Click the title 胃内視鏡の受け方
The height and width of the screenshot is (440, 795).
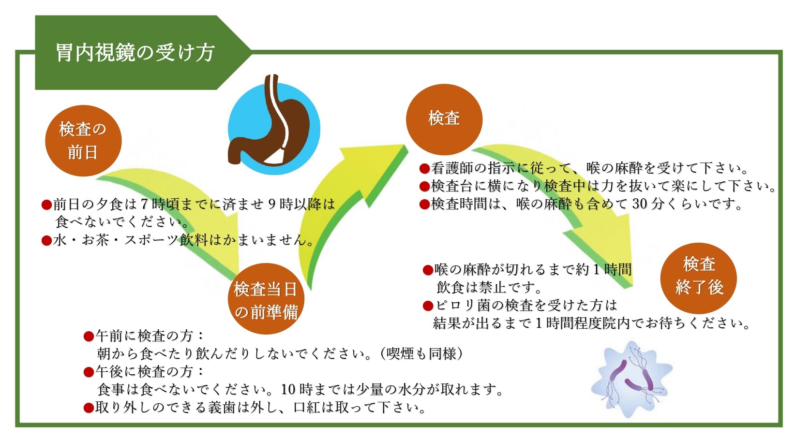coord(135,53)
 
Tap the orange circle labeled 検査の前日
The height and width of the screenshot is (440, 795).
coord(83,141)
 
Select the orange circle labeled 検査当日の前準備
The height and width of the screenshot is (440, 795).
coord(266,298)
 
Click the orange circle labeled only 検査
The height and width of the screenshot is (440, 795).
coord(444,119)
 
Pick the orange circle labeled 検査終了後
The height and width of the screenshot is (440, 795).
coord(698,278)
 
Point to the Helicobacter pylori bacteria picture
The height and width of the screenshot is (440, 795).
coord(631,379)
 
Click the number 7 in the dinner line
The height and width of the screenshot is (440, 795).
coord(144,204)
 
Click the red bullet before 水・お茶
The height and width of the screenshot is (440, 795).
coord(47,241)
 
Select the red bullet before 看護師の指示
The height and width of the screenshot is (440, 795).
coord(424,168)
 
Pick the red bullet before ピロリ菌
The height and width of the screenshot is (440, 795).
coord(428,306)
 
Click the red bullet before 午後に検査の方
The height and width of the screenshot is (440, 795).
coord(89,372)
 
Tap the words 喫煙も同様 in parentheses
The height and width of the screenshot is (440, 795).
coord(421,353)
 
